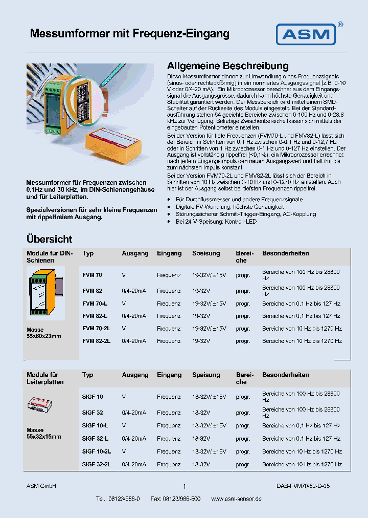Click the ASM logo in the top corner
(306, 34)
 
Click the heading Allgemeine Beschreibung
(228, 66)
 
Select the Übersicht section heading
(50, 239)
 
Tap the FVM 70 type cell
(92, 275)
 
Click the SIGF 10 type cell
(93, 397)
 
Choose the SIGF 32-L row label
(95, 439)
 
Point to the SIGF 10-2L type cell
(97, 451)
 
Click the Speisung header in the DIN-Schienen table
(206, 253)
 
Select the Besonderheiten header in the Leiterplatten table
(285, 375)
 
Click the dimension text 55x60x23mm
(44, 336)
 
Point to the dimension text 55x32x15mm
(44, 437)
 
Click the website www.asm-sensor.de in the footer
(236, 499)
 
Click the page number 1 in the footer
(184, 486)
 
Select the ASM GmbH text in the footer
(41, 486)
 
